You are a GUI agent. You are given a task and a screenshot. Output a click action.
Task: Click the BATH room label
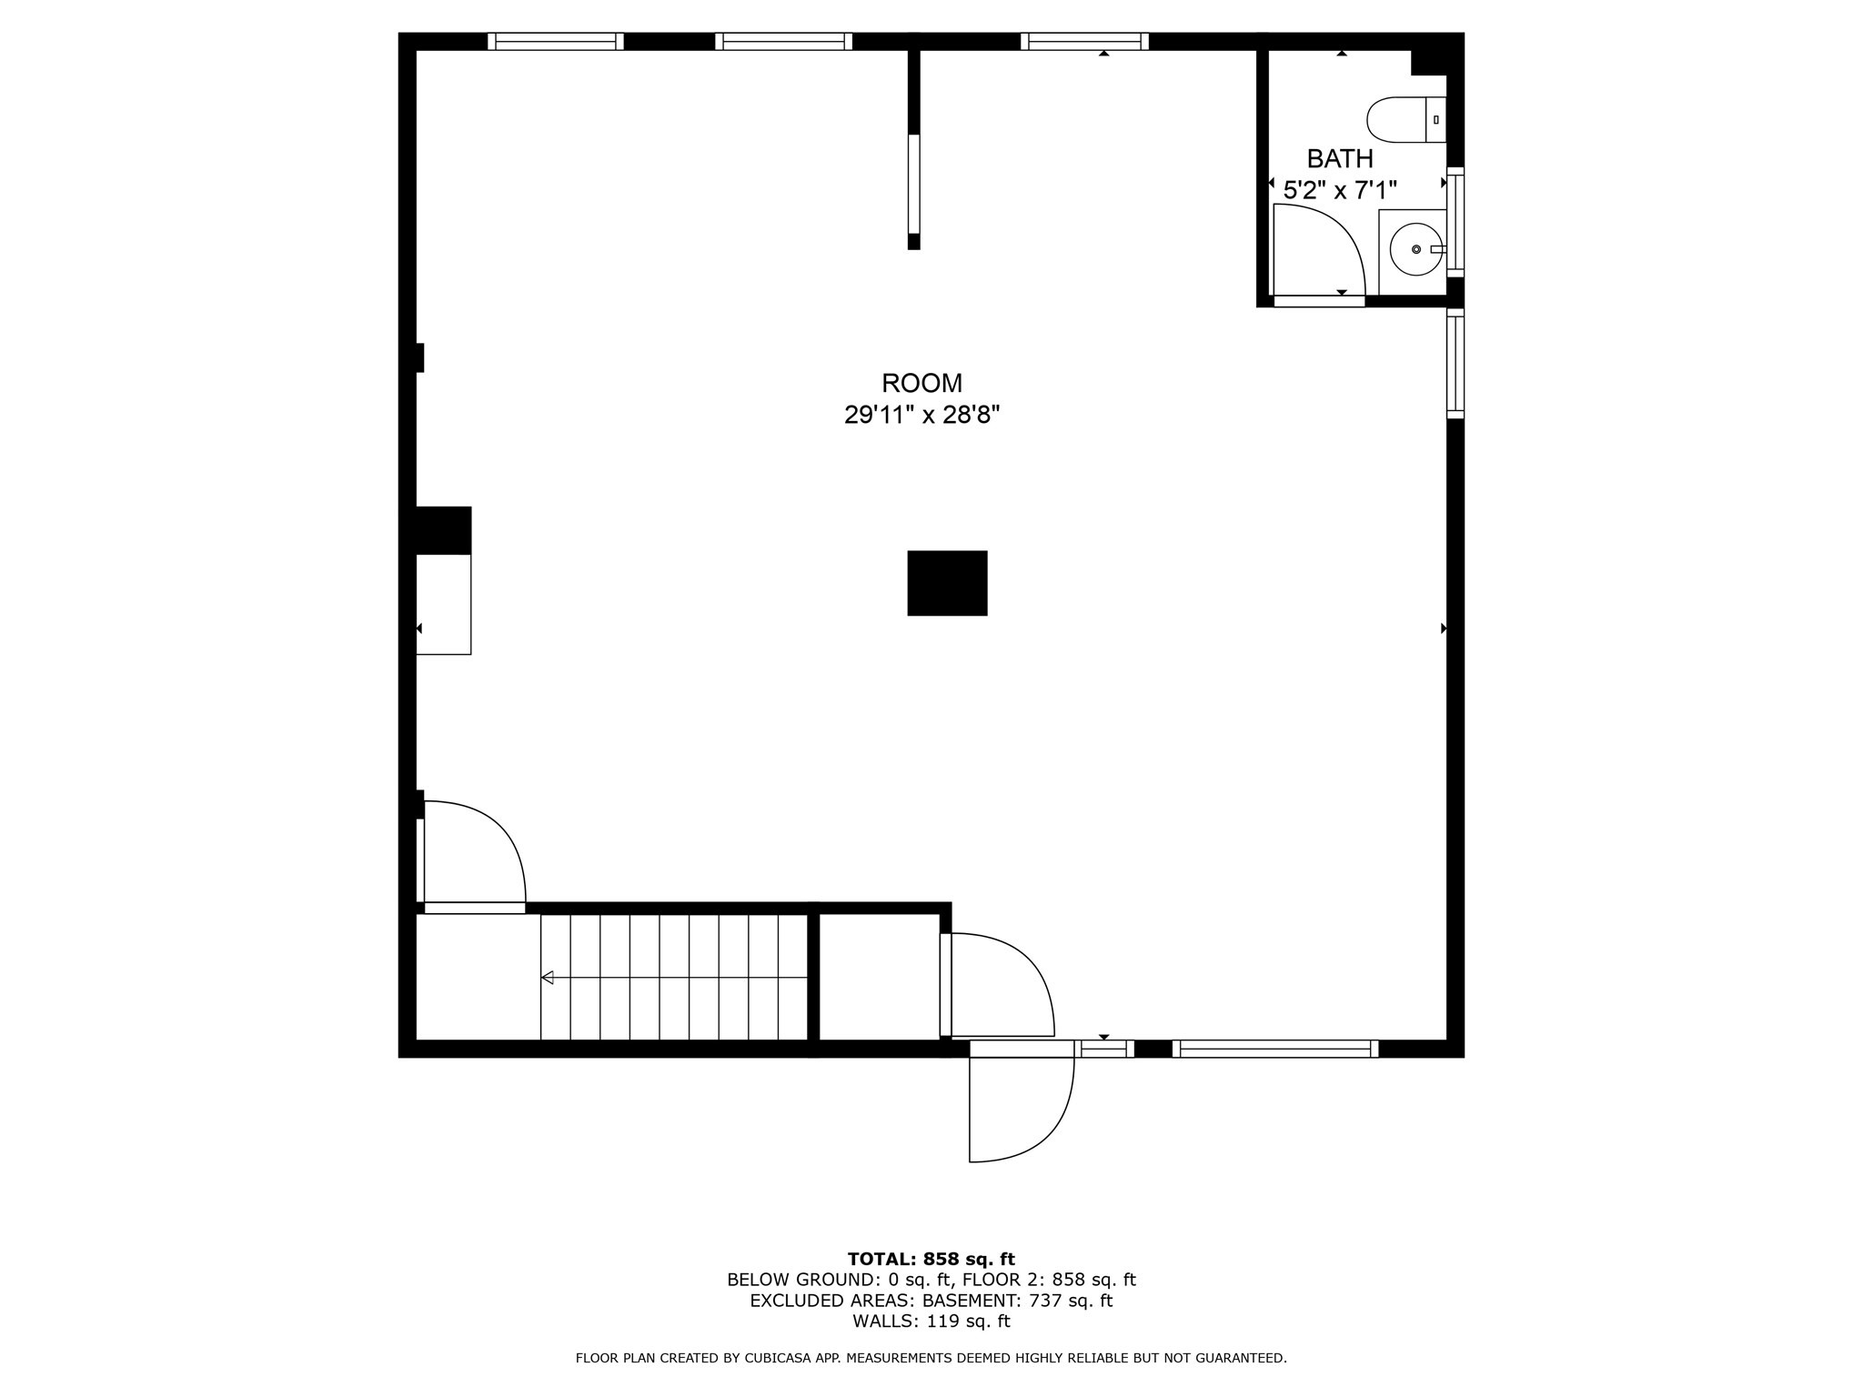(x=1340, y=159)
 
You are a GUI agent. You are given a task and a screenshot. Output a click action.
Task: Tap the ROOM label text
(x=921, y=383)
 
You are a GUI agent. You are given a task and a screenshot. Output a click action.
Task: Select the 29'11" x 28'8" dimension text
(x=921, y=416)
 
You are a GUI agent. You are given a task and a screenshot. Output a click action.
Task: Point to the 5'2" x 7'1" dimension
(x=1340, y=190)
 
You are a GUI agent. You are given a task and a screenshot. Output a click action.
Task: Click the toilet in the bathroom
(x=1406, y=120)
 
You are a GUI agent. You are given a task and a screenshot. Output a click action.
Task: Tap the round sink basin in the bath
(x=1416, y=249)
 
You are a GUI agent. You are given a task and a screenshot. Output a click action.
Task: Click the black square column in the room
(x=947, y=583)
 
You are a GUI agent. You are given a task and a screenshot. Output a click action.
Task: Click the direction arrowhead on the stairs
(x=548, y=978)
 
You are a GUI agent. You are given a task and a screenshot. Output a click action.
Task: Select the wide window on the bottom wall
(x=1275, y=1049)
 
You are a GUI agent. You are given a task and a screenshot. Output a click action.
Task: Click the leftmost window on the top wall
(x=556, y=41)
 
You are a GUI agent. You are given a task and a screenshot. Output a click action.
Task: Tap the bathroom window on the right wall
(x=1455, y=222)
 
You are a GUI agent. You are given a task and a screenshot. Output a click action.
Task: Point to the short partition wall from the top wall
(x=914, y=146)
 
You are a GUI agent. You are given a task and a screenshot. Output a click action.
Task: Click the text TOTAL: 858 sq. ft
(x=931, y=1260)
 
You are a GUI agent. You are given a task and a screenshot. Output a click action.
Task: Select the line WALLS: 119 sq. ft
(x=931, y=1322)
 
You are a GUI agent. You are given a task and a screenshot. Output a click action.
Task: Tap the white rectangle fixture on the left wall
(x=444, y=604)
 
